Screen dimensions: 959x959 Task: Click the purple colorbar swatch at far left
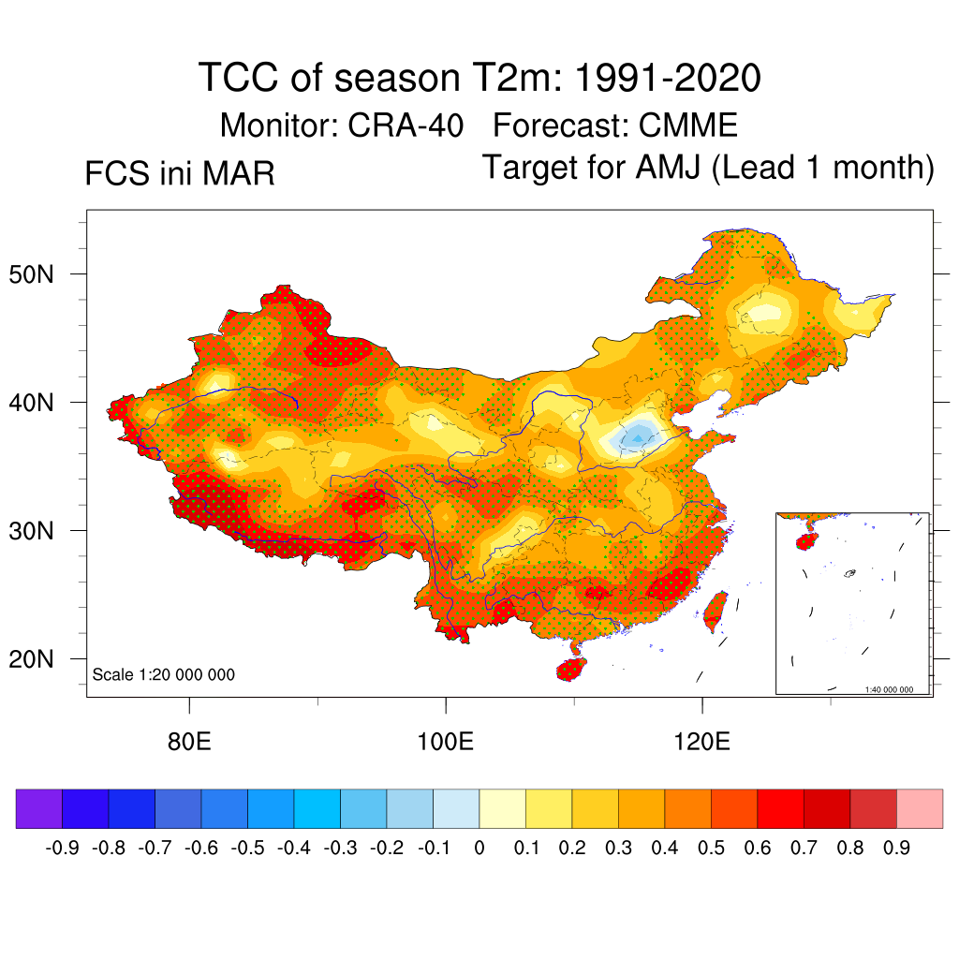(x=39, y=808)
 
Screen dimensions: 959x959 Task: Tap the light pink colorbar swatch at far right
(x=920, y=808)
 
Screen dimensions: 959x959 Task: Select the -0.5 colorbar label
(x=247, y=848)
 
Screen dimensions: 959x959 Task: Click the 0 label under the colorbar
(x=479, y=848)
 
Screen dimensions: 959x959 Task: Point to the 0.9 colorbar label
(x=897, y=848)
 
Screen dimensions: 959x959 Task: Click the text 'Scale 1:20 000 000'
(x=164, y=674)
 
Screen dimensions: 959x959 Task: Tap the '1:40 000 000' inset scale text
(x=889, y=689)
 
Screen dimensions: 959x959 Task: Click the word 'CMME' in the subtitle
(x=688, y=124)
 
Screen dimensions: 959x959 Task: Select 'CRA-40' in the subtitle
(x=406, y=124)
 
